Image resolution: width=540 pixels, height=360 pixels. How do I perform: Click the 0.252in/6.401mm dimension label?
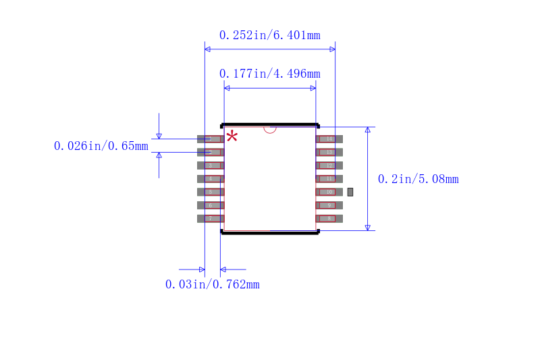269,35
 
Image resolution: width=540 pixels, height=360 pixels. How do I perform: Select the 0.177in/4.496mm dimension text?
269,74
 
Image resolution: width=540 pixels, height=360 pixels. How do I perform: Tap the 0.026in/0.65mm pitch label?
101,146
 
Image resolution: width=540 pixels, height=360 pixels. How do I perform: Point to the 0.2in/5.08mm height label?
418,179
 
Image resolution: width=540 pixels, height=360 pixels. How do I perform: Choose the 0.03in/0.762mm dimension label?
212,284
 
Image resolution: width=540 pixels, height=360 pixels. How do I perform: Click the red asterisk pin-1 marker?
232,136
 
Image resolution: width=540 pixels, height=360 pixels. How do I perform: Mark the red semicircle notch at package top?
270,130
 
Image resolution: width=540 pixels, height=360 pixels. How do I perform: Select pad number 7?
211,219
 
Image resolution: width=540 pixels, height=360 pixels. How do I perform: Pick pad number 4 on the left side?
211,179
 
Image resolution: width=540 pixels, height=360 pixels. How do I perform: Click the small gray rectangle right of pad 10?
350,192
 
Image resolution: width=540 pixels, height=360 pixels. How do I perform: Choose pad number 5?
211,192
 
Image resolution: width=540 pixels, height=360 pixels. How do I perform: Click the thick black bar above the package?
270,125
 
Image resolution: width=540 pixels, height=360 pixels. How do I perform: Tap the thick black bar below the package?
270,232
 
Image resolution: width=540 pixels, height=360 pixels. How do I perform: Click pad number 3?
211,165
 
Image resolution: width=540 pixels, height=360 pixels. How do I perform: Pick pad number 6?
211,205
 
